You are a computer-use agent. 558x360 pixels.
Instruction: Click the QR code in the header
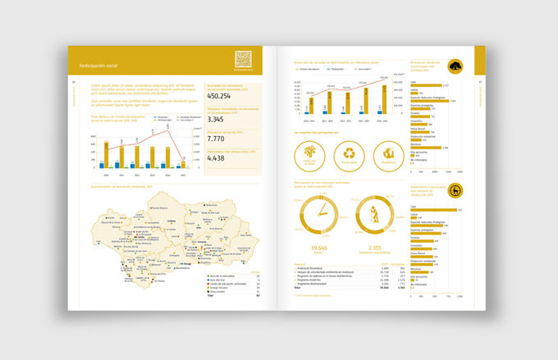click(x=243, y=58)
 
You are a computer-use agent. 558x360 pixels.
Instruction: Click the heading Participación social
click(x=99, y=64)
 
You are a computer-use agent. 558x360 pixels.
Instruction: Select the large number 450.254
click(x=215, y=96)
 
